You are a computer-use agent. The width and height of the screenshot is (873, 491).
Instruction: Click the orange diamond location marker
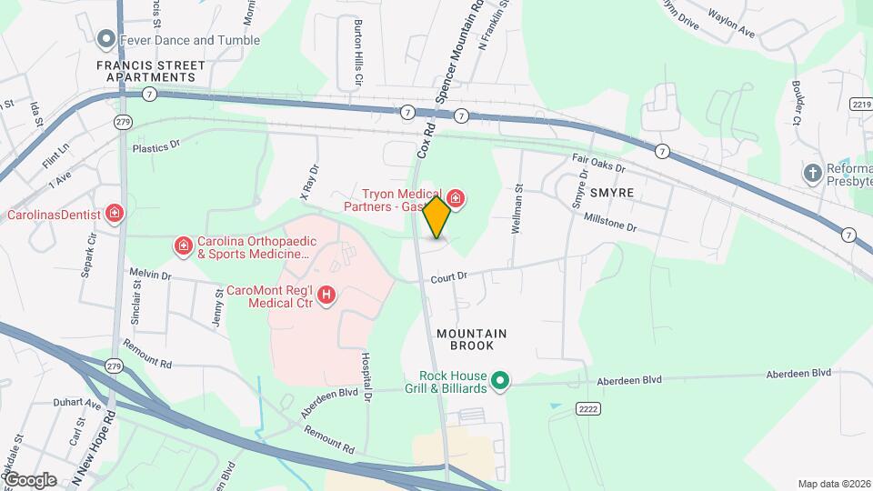click(437, 217)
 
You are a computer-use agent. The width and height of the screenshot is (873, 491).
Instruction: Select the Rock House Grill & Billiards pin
click(499, 381)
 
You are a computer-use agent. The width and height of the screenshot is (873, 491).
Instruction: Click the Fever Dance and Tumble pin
click(106, 40)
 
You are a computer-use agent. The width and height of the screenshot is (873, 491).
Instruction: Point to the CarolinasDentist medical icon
click(115, 215)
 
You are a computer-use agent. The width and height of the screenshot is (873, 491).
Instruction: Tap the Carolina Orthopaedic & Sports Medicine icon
click(184, 246)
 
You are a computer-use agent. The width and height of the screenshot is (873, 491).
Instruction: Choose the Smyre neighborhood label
click(611, 194)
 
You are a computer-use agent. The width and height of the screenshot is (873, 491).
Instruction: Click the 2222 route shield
click(587, 411)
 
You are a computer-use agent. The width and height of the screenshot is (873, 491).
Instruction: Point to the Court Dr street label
click(449, 276)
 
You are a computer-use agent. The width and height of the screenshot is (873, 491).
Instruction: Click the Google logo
click(30, 479)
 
